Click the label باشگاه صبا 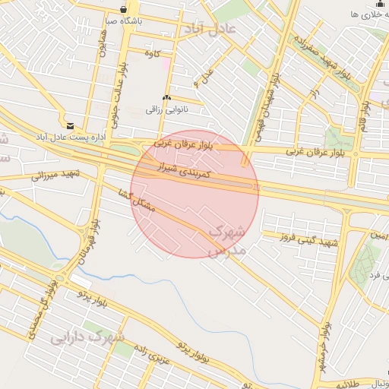coord(122,22)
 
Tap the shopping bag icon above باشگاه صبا coord(123,9)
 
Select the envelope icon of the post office coord(71,125)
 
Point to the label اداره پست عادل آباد coord(68,138)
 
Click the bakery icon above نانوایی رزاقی coord(167,98)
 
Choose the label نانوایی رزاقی coord(166,110)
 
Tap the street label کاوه coord(155,53)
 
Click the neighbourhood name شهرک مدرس coord(226,239)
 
